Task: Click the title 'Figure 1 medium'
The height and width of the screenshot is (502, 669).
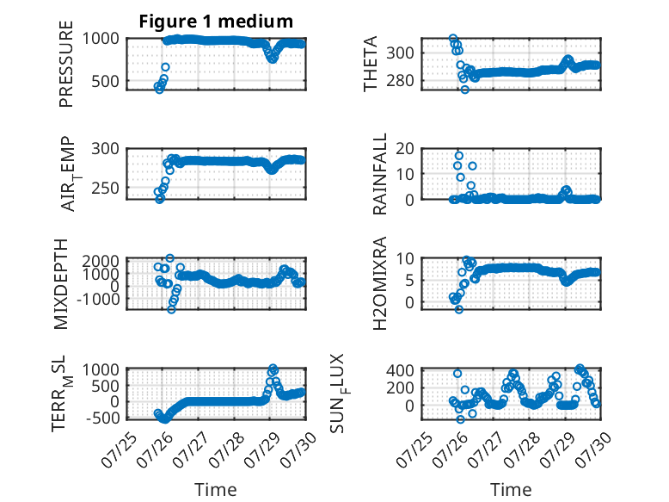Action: (x=216, y=22)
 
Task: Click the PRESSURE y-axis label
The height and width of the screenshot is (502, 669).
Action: (x=66, y=64)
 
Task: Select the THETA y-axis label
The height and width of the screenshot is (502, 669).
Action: (x=371, y=64)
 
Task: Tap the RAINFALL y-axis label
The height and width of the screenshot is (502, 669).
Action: (x=380, y=174)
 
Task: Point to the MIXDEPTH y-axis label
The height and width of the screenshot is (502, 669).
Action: (x=61, y=284)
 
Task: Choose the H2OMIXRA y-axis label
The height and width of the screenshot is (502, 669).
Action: (x=380, y=283)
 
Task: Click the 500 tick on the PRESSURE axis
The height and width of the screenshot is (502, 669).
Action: (x=106, y=81)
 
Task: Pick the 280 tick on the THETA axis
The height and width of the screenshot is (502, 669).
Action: (x=400, y=80)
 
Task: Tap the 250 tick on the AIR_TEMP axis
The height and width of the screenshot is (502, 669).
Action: (x=106, y=188)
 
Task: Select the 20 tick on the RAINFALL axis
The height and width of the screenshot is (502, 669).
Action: (x=405, y=149)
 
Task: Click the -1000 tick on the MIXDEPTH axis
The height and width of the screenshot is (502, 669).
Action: (x=98, y=299)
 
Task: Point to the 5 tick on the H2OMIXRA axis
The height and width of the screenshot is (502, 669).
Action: (x=409, y=281)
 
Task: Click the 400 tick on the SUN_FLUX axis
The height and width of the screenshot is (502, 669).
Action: (x=400, y=370)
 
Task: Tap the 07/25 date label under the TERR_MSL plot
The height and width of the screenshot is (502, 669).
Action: (x=119, y=449)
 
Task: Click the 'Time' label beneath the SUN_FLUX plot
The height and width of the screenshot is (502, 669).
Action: (x=511, y=490)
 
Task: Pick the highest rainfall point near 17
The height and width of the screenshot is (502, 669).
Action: (x=458, y=156)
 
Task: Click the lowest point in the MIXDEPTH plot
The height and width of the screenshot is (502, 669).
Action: (x=171, y=309)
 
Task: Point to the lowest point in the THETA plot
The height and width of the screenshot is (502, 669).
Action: (x=465, y=90)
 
